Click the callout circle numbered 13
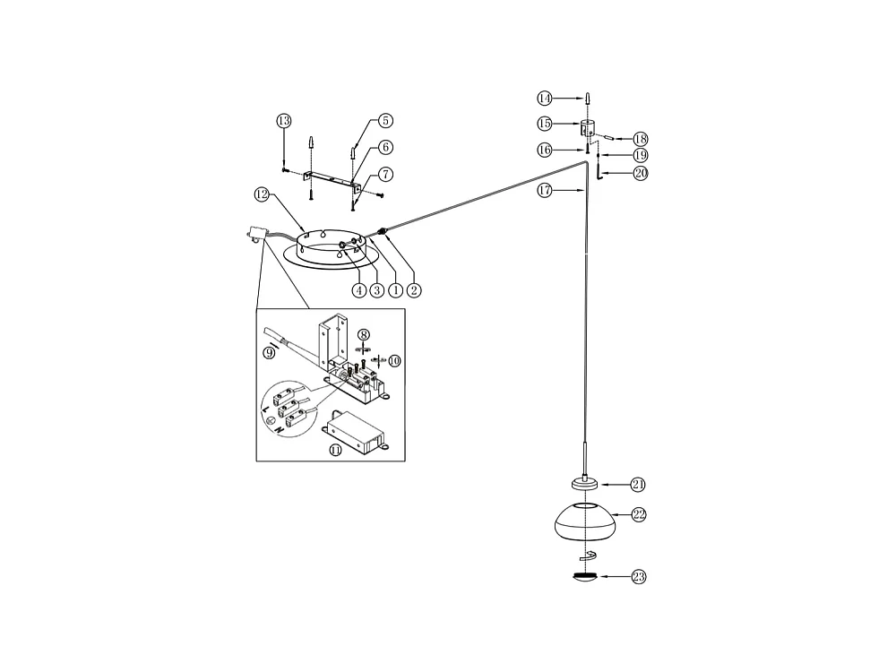click(284, 121)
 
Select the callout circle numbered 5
click(385, 120)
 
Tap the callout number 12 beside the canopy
click(262, 194)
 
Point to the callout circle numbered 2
click(414, 289)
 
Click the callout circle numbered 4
click(358, 289)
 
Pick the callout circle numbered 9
click(269, 353)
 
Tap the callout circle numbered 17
click(545, 190)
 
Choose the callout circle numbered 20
click(640, 174)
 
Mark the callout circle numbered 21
click(638, 485)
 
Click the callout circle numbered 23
click(638, 577)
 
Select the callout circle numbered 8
click(364, 334)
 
